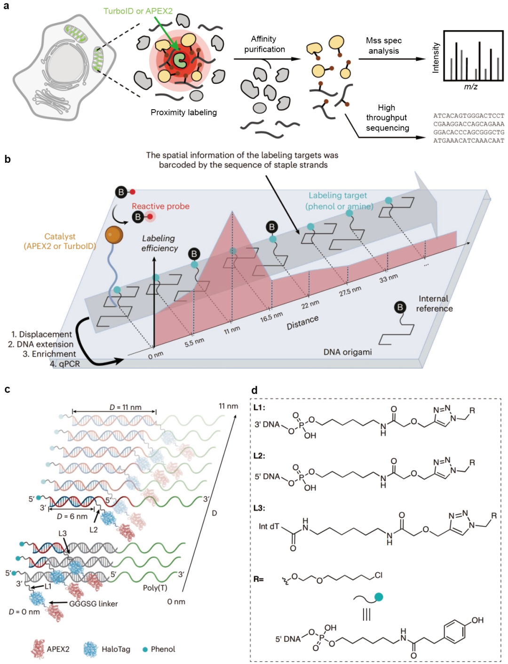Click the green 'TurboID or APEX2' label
(x=138, y=11)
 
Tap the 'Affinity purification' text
(x=264, y=44)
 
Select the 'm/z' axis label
(x=471, y=87)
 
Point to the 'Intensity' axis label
(x=436, y=57)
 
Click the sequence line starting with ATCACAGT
(x=468, y=116)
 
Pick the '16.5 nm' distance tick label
(x=271, y=317)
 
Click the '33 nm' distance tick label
(x=389, y=278)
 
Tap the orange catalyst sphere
(x=114, y=235)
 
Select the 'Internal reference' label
(x=434, y=304)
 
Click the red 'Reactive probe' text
(x=160, y=206)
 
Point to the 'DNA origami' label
(x=348, y=352)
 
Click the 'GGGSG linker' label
(x=94, y=603)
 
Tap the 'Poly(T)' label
(x=155, y=587)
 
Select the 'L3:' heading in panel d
(x=260, y=508)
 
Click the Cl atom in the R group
(x=379, y=575)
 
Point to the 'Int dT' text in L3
(x=269, y=527)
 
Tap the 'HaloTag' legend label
(x=116, y=649)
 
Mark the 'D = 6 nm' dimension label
(x=72, y=516)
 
